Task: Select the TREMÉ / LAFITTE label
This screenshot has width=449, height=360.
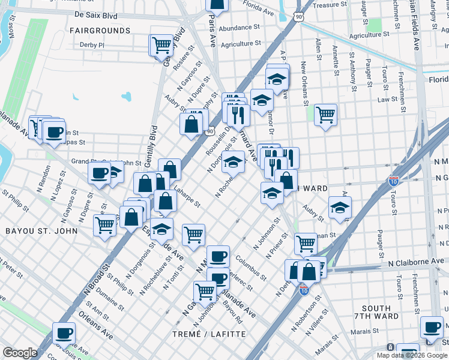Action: click(x=209, y=334)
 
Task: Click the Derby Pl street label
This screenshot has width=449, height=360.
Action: click(x=92, y=44)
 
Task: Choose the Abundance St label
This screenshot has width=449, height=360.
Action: click(x=239, y=28)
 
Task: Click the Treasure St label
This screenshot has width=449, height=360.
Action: click(x=327, y=5)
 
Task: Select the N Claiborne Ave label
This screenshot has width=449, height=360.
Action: click(x=416, y=262)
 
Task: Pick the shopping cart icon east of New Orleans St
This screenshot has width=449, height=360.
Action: click(x=325, y=113)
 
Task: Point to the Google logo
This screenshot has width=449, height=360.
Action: click(x=20, y=353)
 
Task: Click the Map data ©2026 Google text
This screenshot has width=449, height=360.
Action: click(x=411, y=355)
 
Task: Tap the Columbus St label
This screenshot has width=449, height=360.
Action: click(x=252, y=269)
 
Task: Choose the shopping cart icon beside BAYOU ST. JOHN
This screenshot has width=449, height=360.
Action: click(x=104, y=226)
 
